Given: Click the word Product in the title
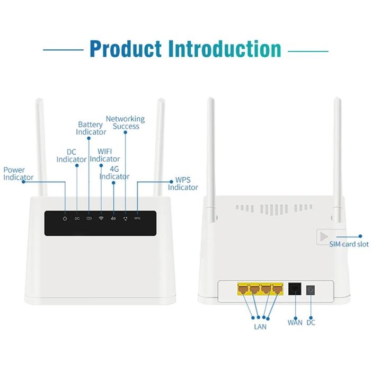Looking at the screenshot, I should pos(126,49).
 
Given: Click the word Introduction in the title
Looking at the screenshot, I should pos(224,49).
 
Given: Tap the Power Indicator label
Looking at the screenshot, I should pos(18,174).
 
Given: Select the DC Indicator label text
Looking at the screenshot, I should pos(72,156).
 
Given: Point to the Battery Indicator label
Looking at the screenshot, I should pos(91,128).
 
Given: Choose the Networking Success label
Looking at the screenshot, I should pos(125,122).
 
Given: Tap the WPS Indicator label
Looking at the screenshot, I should pos(183,184).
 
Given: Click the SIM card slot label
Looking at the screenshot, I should pos(349,244).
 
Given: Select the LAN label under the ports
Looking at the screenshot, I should pos(260,326).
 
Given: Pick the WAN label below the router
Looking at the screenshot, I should pos(295,322).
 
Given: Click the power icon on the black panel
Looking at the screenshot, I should pos(64,218).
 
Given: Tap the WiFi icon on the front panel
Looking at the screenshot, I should pos(101,218).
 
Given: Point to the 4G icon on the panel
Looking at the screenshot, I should pos(113,218).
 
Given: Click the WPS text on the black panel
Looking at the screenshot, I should pos(137,218).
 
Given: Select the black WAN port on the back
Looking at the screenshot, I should pos(295,289).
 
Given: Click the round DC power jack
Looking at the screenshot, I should pos(310,289).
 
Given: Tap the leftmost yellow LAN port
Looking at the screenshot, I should pos(244,289).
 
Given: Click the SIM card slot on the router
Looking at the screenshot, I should pos(325,237).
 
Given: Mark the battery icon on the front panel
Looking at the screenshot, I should pos(89,218).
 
